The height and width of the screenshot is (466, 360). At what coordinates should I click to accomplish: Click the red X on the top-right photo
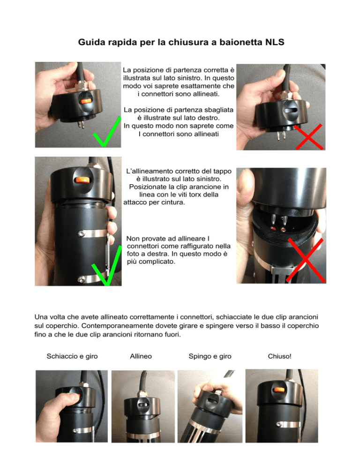coord(308,137)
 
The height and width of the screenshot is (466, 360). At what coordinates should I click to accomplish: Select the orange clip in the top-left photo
coord(86,101)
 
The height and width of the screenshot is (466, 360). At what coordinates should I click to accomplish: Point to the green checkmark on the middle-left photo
coord(106,266)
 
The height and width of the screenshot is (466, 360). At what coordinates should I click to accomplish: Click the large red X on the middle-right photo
coord(306,260)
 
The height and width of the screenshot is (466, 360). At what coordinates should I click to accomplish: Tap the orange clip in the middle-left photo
coord(83,180)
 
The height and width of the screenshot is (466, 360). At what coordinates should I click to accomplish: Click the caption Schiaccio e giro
coord(72,356)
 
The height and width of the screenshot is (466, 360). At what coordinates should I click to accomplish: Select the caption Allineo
coord(141,356)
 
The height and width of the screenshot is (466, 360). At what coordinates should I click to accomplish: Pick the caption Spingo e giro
coord(210,356)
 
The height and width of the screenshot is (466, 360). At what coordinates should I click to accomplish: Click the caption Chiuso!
coord(279,356)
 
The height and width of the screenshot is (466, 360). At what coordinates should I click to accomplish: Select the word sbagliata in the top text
coord(220,110)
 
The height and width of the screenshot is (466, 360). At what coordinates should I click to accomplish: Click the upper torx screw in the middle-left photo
coord(81,233)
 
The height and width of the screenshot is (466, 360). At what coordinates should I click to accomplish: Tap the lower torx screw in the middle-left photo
coord(81,279)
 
